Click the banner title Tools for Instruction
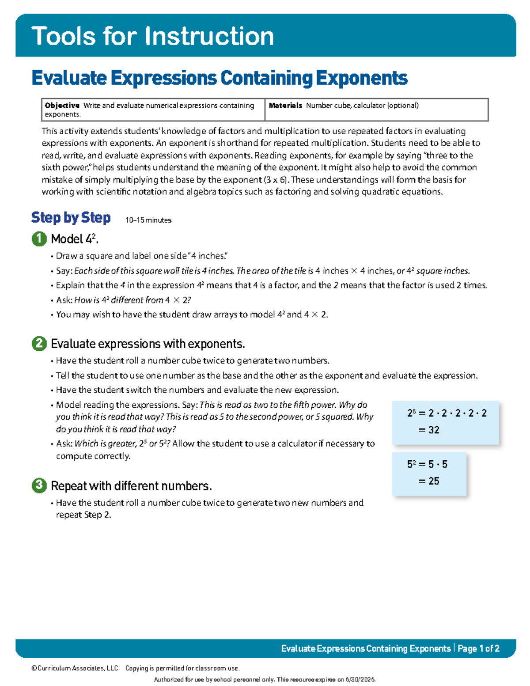point(152,36)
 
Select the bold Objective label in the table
point(62,106)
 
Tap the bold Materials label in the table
point(285,106)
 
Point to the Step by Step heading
point(71,218)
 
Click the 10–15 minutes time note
point(148,220)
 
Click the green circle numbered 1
point(39,239)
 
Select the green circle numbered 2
point(39,344)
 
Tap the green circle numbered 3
point(39,486)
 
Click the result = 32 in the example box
point(429,430)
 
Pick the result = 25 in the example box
point(429,481)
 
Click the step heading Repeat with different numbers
point(131,486)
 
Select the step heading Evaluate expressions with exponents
point(148,344)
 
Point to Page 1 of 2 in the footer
point(478,648)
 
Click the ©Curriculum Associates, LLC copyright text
point(75,668)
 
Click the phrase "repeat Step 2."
point(83,515)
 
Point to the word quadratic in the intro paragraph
point(378,192)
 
